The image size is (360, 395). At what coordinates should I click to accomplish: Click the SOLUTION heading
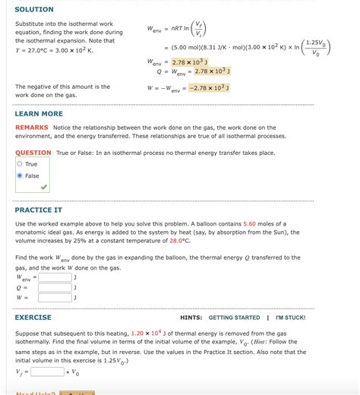[34, 9]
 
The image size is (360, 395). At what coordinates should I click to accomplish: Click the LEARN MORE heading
[39, 114]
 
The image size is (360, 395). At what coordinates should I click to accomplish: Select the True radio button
[20, 164]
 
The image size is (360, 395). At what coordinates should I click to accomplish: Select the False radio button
[20, 175]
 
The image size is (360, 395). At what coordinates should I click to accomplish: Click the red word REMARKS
[32, 128]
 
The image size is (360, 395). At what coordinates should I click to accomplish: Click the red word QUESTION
[33, 153]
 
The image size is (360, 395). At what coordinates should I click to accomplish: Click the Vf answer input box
[47, 371]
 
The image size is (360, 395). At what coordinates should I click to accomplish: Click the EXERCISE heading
[33, 318]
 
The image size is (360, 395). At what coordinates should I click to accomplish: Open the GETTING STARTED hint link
[234, 318]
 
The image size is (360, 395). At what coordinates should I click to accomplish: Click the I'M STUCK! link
[290, 318]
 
